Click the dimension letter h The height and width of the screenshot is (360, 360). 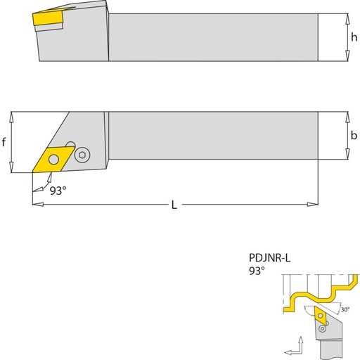(x=354, y=37)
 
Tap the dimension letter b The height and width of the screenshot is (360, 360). (x=354, y=135)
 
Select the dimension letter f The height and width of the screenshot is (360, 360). (x=4, y=142)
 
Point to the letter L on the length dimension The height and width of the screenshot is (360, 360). (x=174, y=205)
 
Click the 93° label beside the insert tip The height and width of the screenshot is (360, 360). (x=58, y=191)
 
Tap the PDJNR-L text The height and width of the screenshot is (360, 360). (x=270, y=258)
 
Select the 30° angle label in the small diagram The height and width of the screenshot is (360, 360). (x=345, y=309)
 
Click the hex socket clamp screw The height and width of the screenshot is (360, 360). (x=82, y=155)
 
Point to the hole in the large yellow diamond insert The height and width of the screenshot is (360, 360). (x=53, y=160)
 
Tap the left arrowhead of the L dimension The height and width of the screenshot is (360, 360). (x=38, y=205)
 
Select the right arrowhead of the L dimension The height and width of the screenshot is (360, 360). (x=312, y=205)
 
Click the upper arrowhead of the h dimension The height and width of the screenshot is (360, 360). (x=347, y=19)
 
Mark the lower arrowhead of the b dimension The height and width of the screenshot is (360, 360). (x=347, y=154)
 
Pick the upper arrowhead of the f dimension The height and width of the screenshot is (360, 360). (x=11, y=117)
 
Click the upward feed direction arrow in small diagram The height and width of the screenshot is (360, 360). (x=301, y=344)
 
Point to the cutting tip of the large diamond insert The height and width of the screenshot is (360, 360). (x=32, y=172)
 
